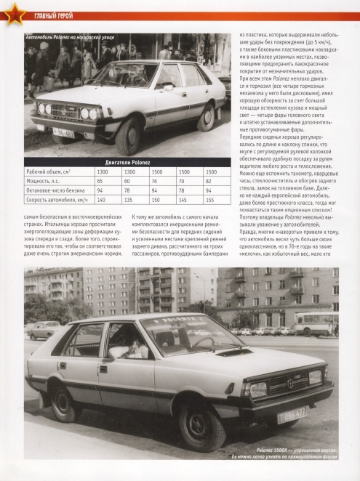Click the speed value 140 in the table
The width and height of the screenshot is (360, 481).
pos(101,200)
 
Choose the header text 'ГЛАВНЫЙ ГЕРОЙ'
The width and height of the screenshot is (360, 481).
pos(56,9)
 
